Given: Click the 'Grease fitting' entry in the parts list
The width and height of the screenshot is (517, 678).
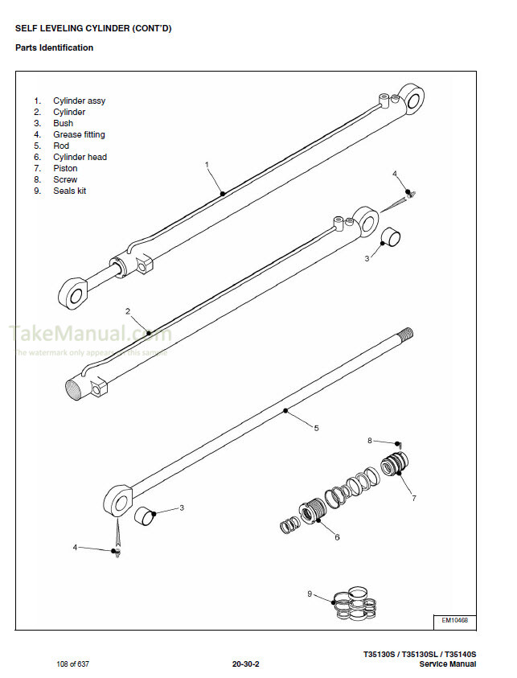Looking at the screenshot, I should [x=79, y=134].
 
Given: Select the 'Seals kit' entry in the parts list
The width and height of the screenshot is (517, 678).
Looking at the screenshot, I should [x=69, y=191].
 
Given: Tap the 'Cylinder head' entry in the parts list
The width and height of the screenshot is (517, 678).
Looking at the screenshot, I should [x=80, y=157].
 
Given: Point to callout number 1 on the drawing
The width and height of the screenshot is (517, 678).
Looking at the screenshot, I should [x=207, y=164].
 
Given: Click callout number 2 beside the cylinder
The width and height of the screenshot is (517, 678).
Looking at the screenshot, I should [x=127, y=310].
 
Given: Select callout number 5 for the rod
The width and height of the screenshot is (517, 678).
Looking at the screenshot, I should [x=316, y=428].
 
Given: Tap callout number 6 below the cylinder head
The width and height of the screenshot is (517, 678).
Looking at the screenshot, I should [x=337, y=536].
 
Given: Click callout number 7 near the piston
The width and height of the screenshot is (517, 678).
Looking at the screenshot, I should [x=414, y=499].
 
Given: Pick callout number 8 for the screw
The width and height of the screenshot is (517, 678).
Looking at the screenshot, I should [x=370, y=440].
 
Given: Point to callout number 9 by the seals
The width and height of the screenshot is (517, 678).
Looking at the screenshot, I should [x=310, y=594].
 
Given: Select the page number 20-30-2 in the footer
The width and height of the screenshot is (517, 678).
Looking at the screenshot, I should [x=246, y=664].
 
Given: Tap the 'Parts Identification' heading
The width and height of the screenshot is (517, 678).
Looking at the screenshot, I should [x=54, y=47].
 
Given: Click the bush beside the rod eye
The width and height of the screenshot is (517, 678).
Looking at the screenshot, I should [x=144, y=515].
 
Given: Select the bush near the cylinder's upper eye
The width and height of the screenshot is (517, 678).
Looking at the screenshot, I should [x=391, y=238].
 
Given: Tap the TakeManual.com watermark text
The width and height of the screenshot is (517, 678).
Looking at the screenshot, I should [x=89, y=333].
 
